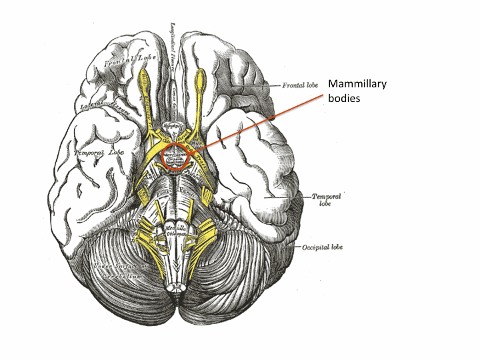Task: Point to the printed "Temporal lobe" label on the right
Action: [x=327, y=200]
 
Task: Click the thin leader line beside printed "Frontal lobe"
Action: [x=271, y=86]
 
